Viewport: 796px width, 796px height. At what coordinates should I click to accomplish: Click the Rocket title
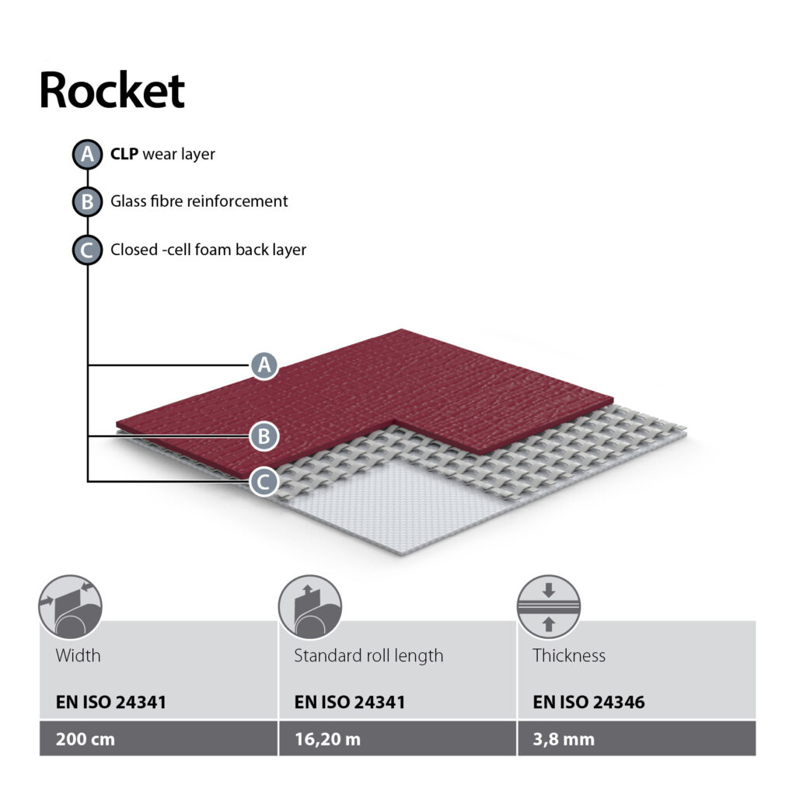112,91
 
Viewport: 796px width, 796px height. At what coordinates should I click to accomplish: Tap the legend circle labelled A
87,155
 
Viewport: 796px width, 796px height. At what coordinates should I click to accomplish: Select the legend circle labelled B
87,202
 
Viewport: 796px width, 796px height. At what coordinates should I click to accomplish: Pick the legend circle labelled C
87,250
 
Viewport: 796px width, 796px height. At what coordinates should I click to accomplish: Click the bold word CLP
124,155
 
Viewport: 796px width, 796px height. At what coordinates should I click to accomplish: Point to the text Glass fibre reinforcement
199,201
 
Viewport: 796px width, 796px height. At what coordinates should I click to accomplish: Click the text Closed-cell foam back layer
208,250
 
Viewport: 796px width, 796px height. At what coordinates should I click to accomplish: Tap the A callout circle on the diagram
265,365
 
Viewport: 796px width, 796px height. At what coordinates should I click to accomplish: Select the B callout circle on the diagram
264,436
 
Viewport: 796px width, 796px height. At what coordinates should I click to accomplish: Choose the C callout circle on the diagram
264,482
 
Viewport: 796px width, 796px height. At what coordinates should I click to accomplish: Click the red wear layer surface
389,389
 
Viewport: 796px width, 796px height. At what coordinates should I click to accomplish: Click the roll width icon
70,607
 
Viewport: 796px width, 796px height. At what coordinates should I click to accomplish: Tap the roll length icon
309,607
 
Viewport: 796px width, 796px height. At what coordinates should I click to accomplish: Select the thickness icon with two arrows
549,607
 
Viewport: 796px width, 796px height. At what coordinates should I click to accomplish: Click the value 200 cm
85,738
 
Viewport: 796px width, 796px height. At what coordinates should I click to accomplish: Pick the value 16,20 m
327,738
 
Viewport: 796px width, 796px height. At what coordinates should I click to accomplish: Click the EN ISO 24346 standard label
588,703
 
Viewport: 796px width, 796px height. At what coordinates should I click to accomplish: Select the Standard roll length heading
368,655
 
